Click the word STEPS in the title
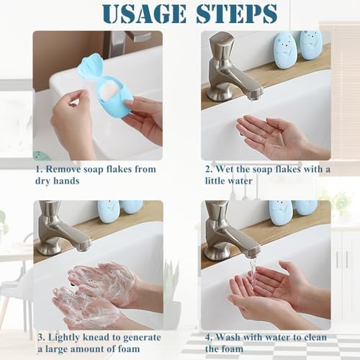click(x=237, y=13)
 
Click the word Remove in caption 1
click(x=63, y=169)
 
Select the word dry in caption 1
click(x=42, y=181)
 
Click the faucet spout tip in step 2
click(x=257, y=96)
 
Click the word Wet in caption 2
click(x=225, y=169)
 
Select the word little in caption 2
click(x=214, y=181)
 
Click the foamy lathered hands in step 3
click(x=96, y=295)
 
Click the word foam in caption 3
click(x=129, y=348)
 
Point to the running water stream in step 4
click(x=253, y=272)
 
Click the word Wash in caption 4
click(x=228, y=337)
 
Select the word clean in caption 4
click(x=315, y=337)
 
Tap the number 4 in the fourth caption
click(x=208, y=338)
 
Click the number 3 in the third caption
click(x=41, y=338)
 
